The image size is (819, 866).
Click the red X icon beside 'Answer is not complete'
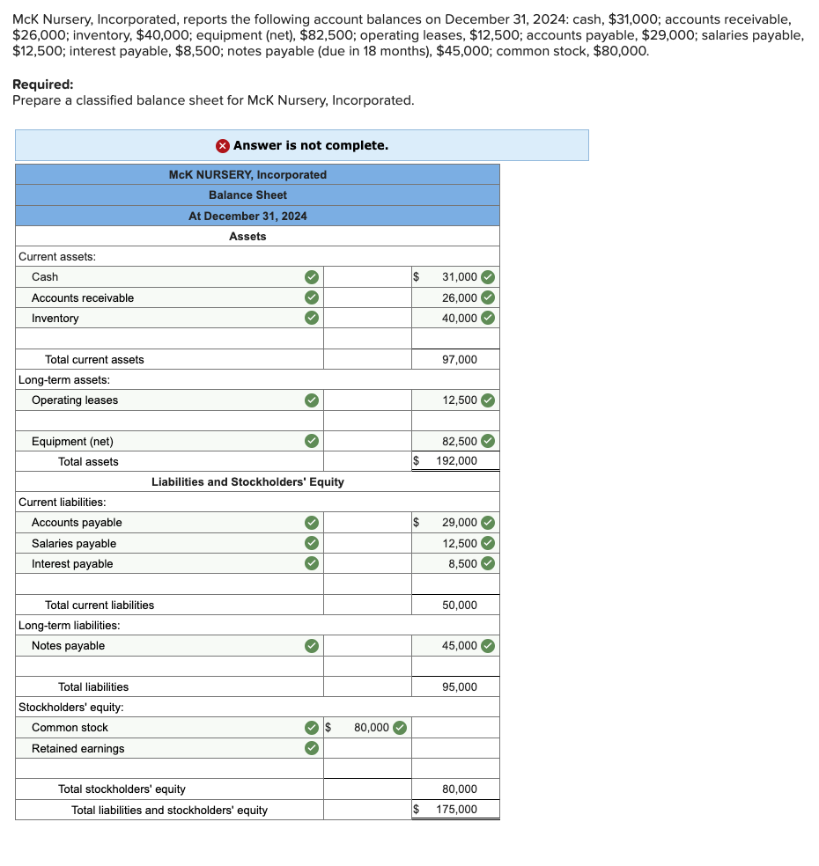click(x=223, y=145)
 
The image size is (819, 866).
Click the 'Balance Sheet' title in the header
click(x=247, y=194)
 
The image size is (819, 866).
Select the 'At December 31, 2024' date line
click(x=247, y=216)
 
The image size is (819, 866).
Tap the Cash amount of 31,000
click(x=459, y=276)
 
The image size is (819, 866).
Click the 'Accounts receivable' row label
click(x=83, y=297)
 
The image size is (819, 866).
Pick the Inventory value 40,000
click(x=459, y=318)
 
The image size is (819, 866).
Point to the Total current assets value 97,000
click(x=459, y=359)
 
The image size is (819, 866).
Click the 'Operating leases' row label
click(x=75, y=400)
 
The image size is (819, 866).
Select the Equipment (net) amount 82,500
click(x=459, y=441)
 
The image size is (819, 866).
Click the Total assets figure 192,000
click(x=456, y=461)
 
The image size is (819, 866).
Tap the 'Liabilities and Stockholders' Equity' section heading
click(x=247, y=481)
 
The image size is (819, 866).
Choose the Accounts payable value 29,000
click(x=459, y=522)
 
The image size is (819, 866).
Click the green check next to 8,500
click(x=488, y=563)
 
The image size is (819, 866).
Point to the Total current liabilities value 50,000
click(x=459, y=605)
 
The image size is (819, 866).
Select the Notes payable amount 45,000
click(x=459, y=645)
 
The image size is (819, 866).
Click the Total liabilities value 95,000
click(x=459, y=686)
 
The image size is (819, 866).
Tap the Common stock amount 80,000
click(x=371, y=727)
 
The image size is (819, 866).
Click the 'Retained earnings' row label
click(x=77, y=748)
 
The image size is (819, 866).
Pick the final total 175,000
click(x=456, y=810)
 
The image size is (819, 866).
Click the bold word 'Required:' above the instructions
click(x=43, y=84)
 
